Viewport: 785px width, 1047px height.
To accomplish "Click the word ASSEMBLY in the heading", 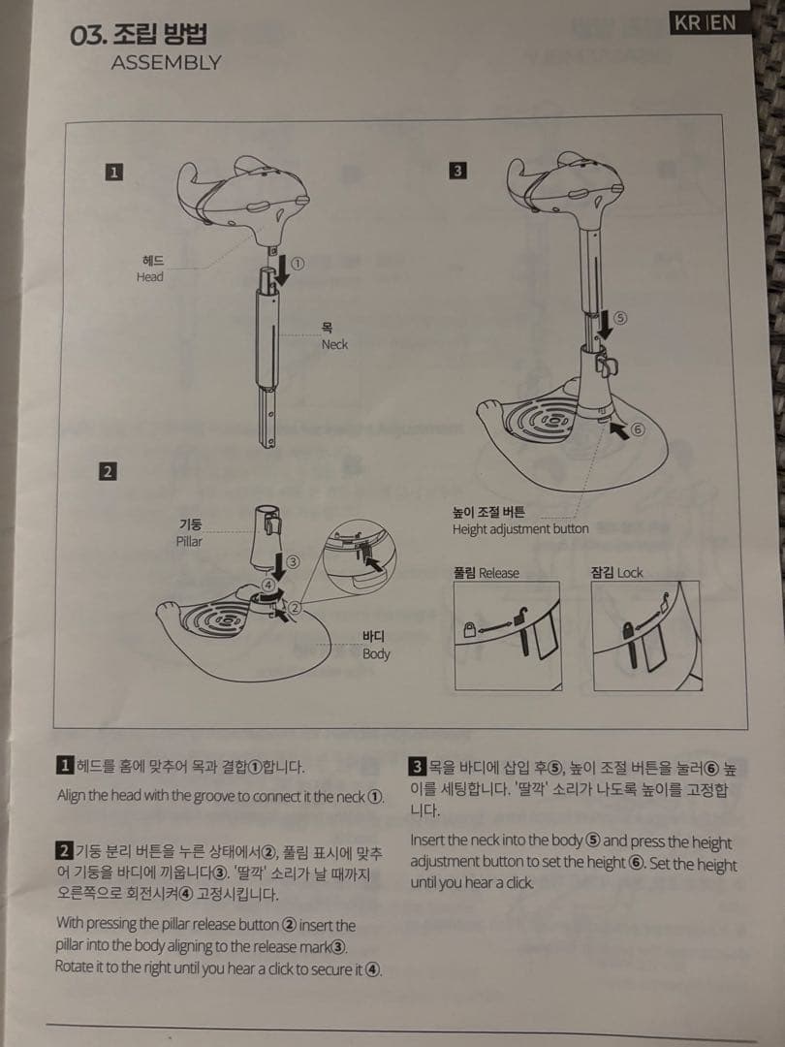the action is pyautogui.click(x=167, y=63).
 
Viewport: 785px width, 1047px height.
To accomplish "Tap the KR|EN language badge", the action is pyautogui.click(x=705, y=22).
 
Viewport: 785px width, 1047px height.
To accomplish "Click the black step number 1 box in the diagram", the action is pyautogui.click(x=114, y=173).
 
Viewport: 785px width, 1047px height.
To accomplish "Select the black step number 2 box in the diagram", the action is pyautogui.click(x=109, y=471).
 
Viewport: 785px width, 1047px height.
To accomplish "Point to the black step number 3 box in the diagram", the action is pyautogui.click(x=457, y=171).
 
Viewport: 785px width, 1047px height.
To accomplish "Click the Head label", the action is pyautogui.click(x=149, y=276).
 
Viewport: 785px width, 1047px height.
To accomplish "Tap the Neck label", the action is pyautogui.click(x=334, y=344).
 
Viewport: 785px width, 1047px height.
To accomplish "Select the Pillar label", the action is pyautogui.click(x=189, y=541).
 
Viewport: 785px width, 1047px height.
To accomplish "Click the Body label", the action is pyautogui.click(x=376, y=653).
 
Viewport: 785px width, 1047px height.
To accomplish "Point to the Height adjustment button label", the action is pyautogui.click(x=520, y=529).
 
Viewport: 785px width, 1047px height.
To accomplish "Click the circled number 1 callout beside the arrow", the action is pyautogui.click(x=298, y=263).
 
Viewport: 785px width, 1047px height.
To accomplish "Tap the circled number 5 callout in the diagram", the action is pyautogui.click(x=620, y=318).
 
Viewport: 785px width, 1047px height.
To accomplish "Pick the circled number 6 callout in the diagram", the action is pyautogui.click(x=638, y=429).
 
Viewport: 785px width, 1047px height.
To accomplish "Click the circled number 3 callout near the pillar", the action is pyautogui.click(x=292, y=561).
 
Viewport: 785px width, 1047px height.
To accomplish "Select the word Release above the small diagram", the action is pyautogui.click(x=499, y=573).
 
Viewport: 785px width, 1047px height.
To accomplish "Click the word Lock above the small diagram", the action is pyautogui.click(x=630, y=573).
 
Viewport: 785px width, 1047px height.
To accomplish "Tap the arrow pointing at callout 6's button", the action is pyautogui.click(x=619, y=429).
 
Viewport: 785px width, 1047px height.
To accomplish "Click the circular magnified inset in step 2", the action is pyautogui.click(x=360, y=558).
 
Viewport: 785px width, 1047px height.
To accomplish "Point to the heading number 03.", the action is pyautogui.click(x=87, y=36).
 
